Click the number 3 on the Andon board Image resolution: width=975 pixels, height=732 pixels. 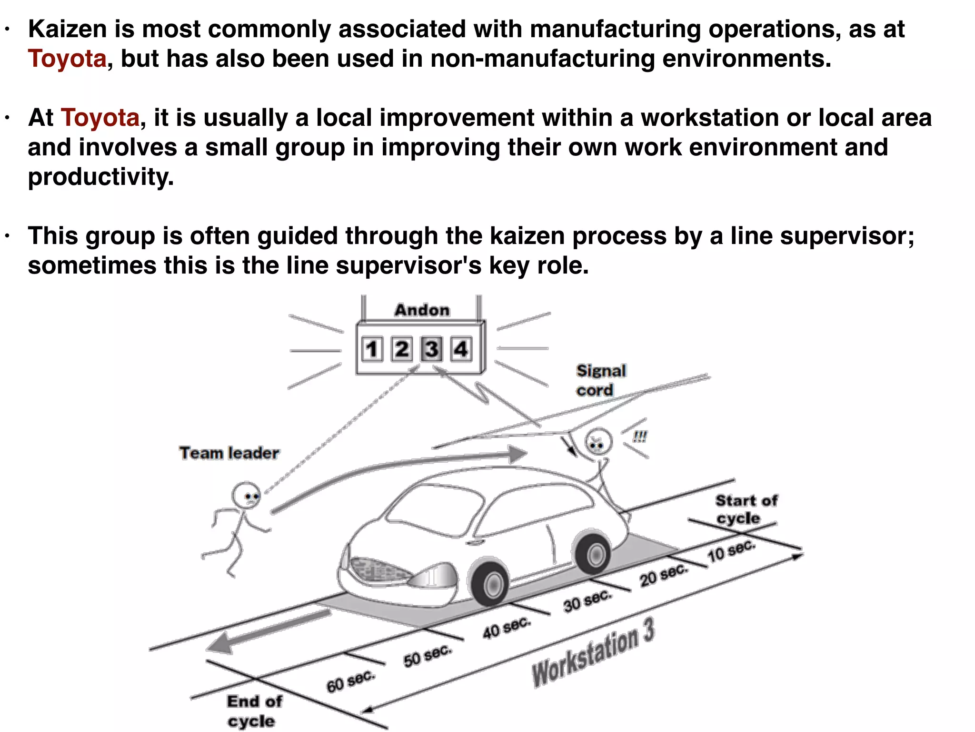pyautogui.click(x=431, y=349)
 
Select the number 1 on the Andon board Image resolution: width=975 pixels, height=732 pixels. pyautogui.click(x=372, y=349)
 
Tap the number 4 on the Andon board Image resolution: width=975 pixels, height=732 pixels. pyautogui.click(x=461, y=349)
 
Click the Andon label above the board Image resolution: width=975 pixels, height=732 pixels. pyautogui.click(x=422, y=310)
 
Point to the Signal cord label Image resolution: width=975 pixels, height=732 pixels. pyautogui.click(x=600, y=380)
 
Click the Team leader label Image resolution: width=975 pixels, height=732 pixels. pyautogui.click(x=229, y=453)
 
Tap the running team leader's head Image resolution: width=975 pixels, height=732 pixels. pyautogui.click(x=247, y=496)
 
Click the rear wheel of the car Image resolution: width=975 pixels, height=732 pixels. pyautogui.click(x=593, y=553)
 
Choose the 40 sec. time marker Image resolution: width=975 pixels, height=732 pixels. pyautogui.click(x=506, y=628)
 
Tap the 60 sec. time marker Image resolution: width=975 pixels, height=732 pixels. pyautogui.click(x=350, y=681)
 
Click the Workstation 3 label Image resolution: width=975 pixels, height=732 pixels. pyautogui.click(x=593, y=653)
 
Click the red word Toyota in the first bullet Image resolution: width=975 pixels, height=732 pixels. pyautogui.click(x=67, y=59)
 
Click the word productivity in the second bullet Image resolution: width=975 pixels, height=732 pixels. pyautogui.click(x=101, y=177)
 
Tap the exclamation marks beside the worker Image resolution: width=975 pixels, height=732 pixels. pyautogui.click(x=640, y=437)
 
